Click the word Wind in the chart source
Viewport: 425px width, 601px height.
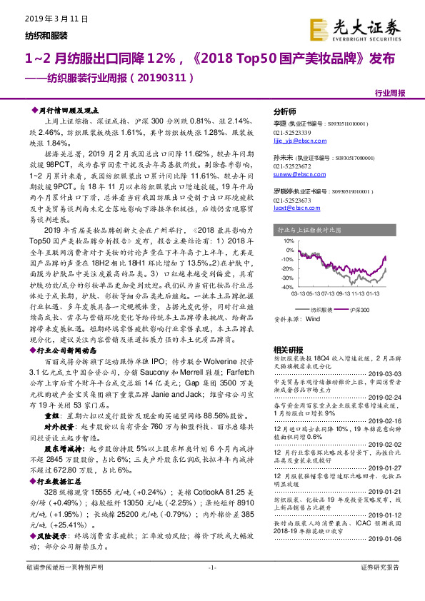(313, 320)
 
